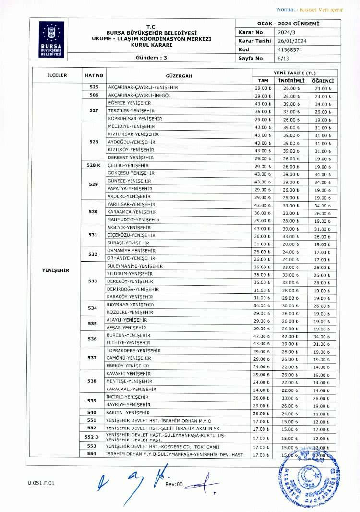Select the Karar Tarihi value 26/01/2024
tap(292, 41)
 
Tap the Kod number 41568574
tap(290, 49)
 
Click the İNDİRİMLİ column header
tap(291, 80)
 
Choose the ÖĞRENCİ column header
tap(323, 80)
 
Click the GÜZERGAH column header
tap(179, 76)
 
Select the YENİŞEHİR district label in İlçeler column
tap(56, 270)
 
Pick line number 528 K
tap(94, 165)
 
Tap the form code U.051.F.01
tap(41, 483)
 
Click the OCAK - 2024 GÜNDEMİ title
tap(288, 24)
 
